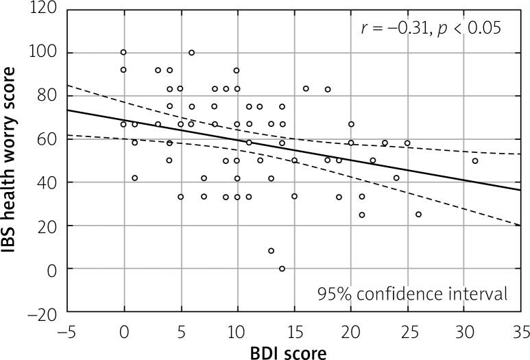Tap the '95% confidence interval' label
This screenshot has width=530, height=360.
[412, 294]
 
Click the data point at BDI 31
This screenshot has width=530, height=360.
[475, 161]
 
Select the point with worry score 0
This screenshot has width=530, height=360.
[282, 269]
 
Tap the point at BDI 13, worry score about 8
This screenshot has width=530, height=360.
[271, 251]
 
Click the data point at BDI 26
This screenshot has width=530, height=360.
[418, 215]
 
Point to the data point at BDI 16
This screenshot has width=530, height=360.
[305, 88]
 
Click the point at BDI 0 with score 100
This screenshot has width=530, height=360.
[123, 52]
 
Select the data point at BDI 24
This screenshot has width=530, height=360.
[396, 178]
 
